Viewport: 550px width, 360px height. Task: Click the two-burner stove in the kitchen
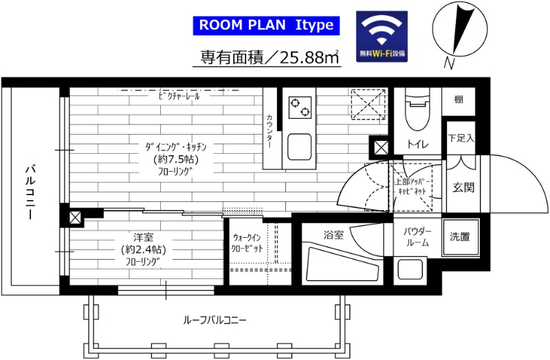(299, 105)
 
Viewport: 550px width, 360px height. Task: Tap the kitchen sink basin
(300, 146)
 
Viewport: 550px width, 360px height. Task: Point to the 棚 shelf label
(459, 100)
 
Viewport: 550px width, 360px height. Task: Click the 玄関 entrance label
(463, 187)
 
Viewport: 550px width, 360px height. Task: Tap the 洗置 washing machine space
(460, 237)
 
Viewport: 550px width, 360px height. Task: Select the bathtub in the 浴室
(342, 264)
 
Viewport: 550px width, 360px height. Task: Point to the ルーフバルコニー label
(214, 320)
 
